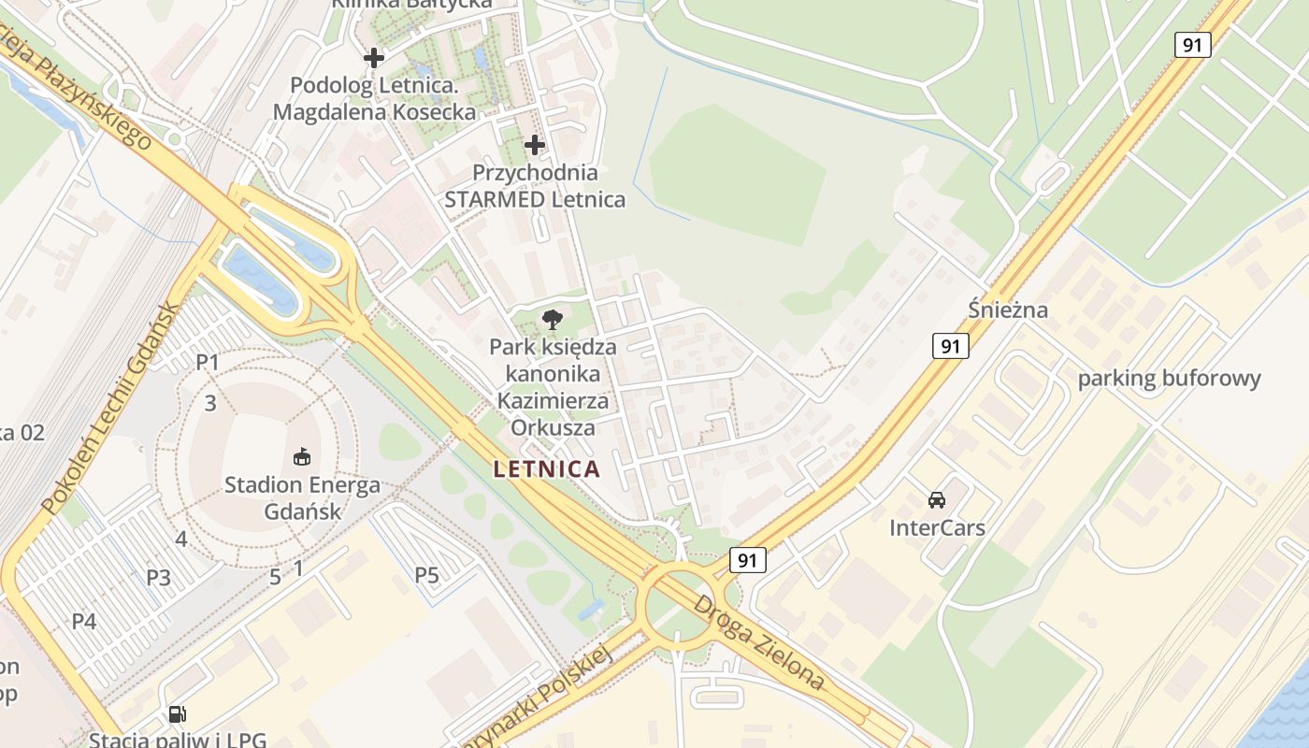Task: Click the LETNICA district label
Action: tap(546, 469)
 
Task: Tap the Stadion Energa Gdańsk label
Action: tap(302, 498)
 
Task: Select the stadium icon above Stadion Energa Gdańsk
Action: tap(302, 457)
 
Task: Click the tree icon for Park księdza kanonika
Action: tap(552, 320)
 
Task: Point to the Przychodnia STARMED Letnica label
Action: tap(535, 186)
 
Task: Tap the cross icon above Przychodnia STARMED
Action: tap(535, 145)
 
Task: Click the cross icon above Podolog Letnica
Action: tap(374, 58)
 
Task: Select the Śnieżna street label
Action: tap(1008, 309)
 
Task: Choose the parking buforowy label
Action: tap(1169, 379)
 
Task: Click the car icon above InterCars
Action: tap(937, 500)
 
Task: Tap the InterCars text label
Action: tap(937, 528)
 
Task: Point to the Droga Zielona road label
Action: tap(758, 642)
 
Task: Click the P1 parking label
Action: tap(207, 362)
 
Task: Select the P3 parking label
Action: tap(158, 577)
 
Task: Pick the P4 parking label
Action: tap(84, 621)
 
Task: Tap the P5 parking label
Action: tap(426, 575)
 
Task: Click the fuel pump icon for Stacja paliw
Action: tap(177, 714)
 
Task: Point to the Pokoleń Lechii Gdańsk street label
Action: tap(108, 409)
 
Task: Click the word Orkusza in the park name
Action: tap(553, 428)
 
